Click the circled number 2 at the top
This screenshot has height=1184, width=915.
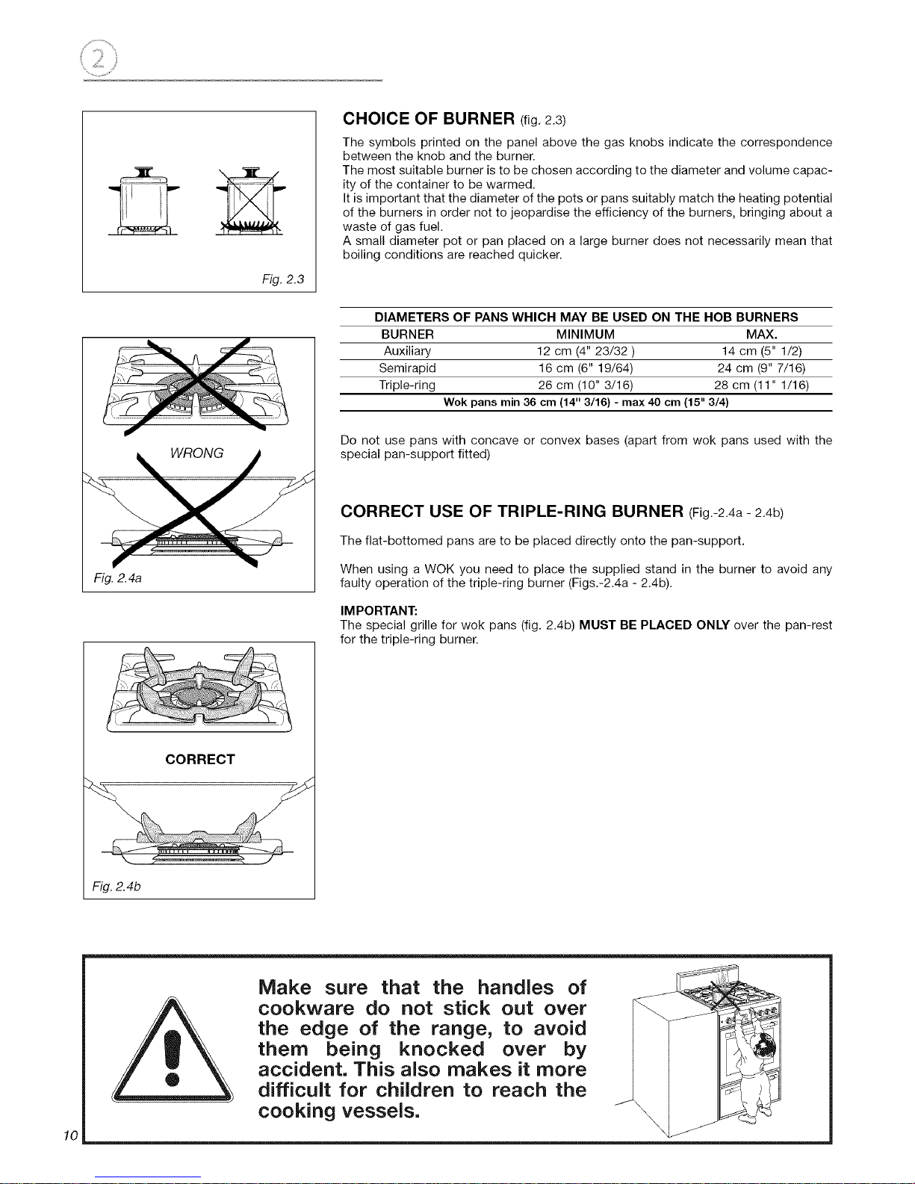[x=99, y=58]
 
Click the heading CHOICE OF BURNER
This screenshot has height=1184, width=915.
[x=428, y=119]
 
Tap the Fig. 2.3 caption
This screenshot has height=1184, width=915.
[x=282, y=279]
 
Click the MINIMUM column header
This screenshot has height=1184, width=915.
[x=585, y=334]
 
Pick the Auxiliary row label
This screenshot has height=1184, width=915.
[x=407, y=351]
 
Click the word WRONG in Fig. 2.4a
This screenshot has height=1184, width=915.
[x=196, y=453]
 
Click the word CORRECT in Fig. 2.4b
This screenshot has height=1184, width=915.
[x=200, y=759]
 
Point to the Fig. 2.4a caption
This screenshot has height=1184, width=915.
[x=117, y=578]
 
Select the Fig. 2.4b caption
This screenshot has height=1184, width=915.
[x=117, y=887]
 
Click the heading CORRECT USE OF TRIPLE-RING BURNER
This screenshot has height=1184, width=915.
[x=512, y=511]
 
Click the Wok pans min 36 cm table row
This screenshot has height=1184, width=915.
[x=586, y=402]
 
